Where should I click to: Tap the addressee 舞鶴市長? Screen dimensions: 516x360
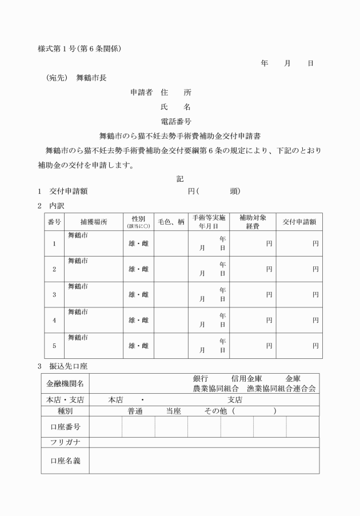pos(91,78)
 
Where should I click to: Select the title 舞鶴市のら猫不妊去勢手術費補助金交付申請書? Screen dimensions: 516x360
pos(181,136)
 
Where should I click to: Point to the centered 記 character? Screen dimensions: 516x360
pos(180,179)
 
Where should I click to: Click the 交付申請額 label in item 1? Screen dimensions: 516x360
pos(69,191)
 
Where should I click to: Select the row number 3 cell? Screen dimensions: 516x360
pos(54,295)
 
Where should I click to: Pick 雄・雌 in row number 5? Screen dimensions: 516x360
pos(138,346)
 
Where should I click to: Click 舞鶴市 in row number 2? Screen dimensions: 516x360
pos(78,261)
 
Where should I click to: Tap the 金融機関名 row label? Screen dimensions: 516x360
pos(65,383)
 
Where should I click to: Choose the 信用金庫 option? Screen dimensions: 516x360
pos(246,378)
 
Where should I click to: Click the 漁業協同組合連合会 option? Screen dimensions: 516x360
pos(282,388)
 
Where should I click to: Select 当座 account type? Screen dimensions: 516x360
pos(173,411)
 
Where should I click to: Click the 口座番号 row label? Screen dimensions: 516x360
pos(65,427)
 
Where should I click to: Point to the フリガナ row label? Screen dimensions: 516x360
pos(65,442)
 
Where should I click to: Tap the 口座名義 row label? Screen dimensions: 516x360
pos(65,460)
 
